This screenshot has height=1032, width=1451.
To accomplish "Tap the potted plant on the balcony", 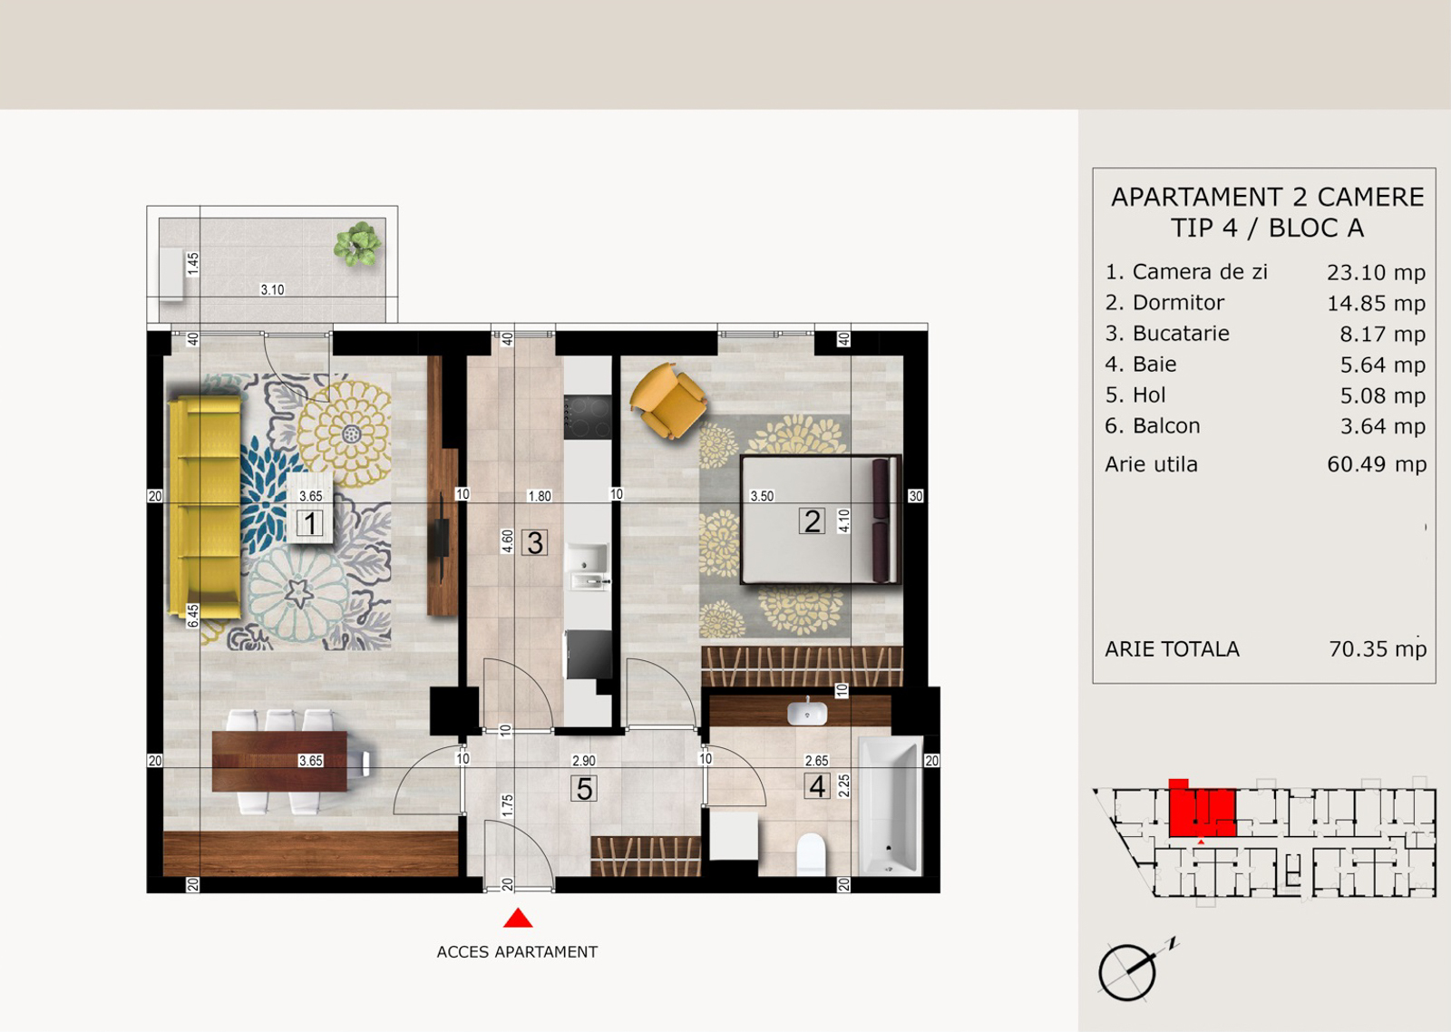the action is tap(357, 244).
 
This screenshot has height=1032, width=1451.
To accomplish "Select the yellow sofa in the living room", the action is tap(205, 507).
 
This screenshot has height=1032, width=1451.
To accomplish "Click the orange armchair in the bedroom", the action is tap(667, 400).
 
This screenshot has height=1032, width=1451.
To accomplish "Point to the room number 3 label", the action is tap(534, 543).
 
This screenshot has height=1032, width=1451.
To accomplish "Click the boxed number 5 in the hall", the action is tap(584, 789).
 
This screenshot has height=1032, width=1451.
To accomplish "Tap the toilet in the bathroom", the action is tap(811, 854).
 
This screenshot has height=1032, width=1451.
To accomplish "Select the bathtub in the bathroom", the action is tap(890, 806).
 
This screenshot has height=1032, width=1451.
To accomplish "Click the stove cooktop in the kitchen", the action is tap(588, 416).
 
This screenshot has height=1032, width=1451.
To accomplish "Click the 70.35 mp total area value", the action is tap(1378, 648).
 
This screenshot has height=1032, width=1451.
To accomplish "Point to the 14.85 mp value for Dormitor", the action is tap(1376, 303).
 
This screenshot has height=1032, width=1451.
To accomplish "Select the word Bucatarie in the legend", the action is tap(1180, 333).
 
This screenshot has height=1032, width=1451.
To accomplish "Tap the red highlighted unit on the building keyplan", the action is tap(1202, 810).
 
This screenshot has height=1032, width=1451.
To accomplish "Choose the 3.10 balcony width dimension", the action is tap(272, 289).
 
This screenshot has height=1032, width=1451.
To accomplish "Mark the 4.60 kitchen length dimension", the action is tap(508, 541).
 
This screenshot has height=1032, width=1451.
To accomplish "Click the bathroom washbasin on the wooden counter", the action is tap(806, 712).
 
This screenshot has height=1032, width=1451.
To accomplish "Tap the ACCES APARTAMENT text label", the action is tap(517, 951).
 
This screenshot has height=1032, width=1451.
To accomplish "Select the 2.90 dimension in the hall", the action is tap(583, 761).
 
